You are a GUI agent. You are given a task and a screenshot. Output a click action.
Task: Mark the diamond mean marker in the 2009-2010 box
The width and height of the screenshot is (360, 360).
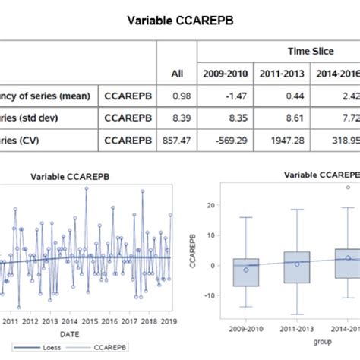click(246, 270)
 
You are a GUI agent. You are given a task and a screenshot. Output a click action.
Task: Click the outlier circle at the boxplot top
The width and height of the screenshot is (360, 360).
click(347, 187)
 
